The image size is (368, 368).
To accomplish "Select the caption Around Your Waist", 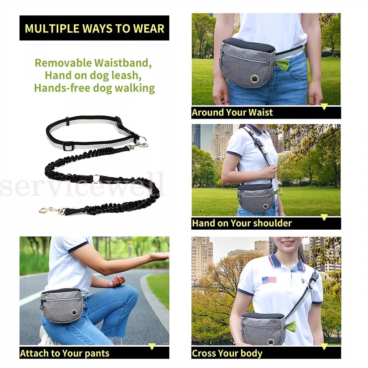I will [x=232, y=113].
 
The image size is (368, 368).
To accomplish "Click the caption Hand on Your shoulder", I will [x=241, y=223].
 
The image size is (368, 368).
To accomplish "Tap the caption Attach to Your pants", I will [x=64, y=354].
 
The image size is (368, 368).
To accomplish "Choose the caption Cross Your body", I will [x=227, y=354].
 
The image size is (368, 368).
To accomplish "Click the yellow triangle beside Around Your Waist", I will [x=324, y=107].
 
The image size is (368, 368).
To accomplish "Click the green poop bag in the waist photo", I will [x=283, y=66].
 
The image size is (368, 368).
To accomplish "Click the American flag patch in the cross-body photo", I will [x=269, y=280].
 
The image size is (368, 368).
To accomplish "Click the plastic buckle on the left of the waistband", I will [x=68, y=146].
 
